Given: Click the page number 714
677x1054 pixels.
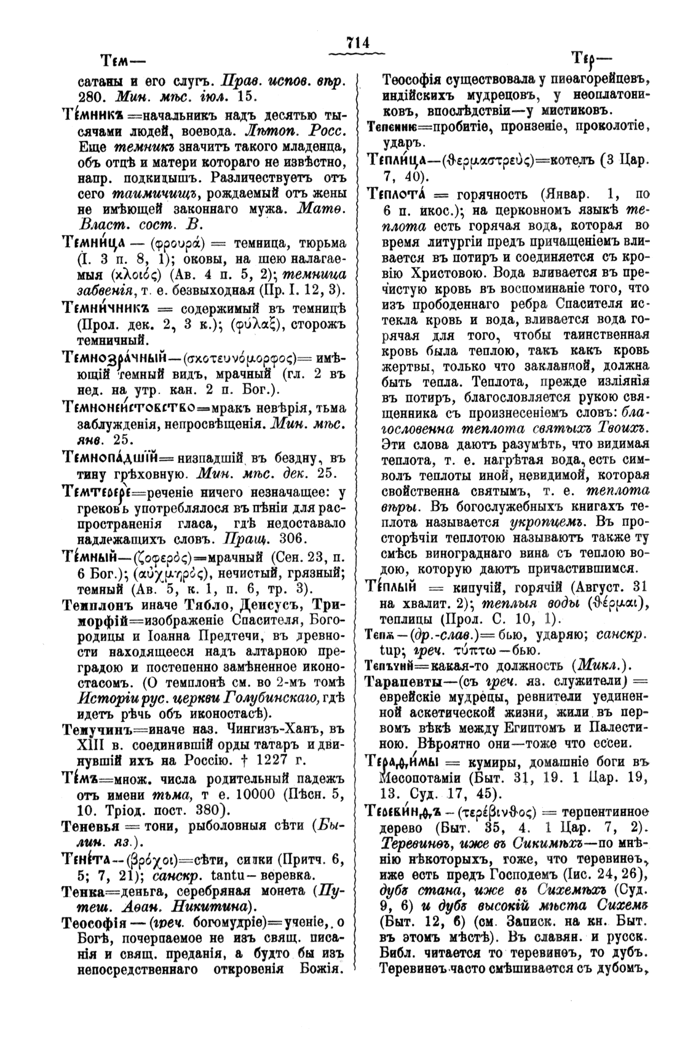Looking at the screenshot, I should click(x=357, y=42).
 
